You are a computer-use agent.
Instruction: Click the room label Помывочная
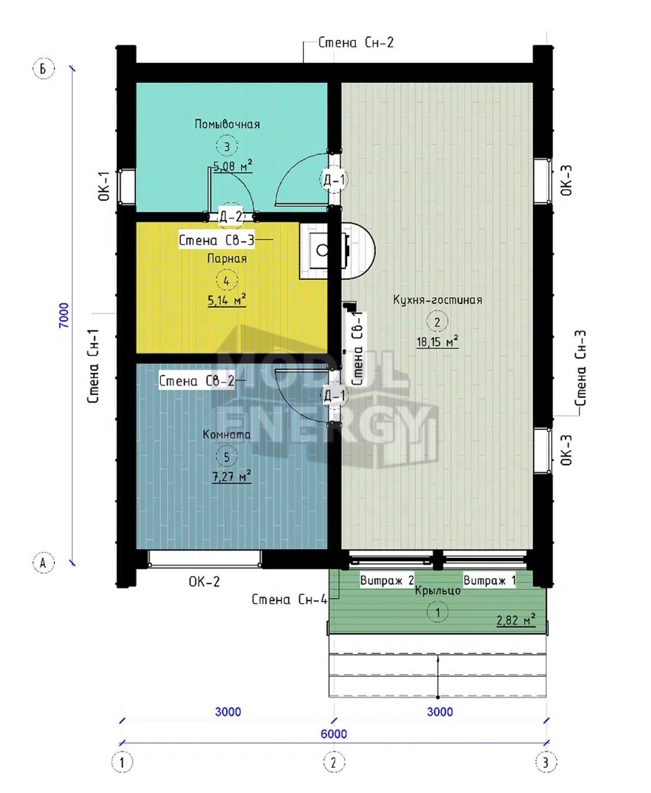227,124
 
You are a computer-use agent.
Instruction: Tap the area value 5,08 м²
233,166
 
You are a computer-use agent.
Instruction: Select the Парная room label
227,259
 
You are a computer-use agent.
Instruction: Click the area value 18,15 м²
437,342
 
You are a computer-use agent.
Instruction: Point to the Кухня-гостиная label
437,299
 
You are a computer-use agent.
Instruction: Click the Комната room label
227,434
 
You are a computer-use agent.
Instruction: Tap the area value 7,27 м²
231,477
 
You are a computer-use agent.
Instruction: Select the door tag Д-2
231,217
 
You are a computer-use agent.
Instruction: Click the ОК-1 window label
104,186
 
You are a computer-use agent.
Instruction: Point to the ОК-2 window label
205,582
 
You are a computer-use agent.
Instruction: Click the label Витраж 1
489,580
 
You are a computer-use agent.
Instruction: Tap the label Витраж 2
387,580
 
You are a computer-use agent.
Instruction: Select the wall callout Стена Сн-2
356,42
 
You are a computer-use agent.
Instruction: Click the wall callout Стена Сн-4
289,600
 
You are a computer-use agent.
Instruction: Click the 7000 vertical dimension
64,316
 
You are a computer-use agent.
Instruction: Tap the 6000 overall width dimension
334,734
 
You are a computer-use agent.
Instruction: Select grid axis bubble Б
43,68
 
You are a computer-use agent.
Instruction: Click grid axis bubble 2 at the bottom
333,762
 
